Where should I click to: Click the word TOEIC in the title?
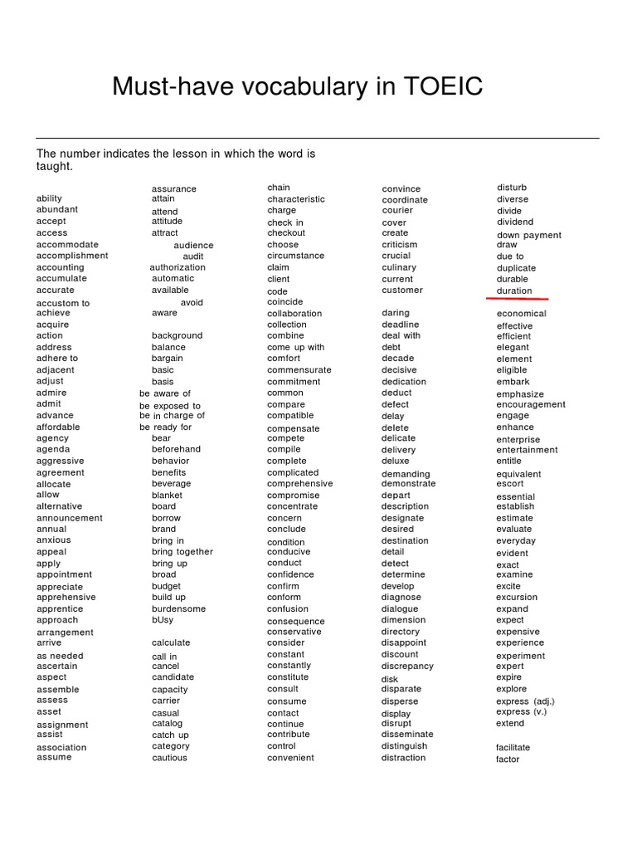point(440,86)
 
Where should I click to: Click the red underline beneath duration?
point(517,299)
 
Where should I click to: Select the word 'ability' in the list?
point(49,198)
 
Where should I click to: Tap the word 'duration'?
point(514,291)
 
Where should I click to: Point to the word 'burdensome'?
point(178,608)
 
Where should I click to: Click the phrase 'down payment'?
point(529,235)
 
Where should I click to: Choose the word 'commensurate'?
point(299,369)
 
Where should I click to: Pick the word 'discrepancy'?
point(407,666)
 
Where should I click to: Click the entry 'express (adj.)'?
point(523,701)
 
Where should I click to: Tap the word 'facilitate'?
point(513,747)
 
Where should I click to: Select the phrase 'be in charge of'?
point(172,415)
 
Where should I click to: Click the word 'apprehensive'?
point(66,597)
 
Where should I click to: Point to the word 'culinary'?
point(399,267)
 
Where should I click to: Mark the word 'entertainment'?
point(527,450)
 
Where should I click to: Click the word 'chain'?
point(279,188)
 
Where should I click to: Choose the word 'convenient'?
point(290,758)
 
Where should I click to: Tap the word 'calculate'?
point(171,642)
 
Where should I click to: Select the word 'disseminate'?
point(407,734)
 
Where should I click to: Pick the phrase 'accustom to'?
point(63,303)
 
